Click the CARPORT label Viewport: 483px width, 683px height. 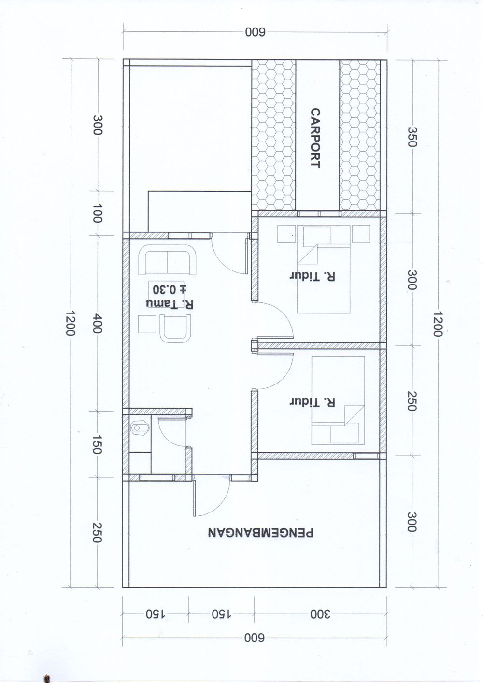coord(315,138)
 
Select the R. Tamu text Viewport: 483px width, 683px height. coord(170,304)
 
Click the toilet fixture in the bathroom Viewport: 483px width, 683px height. coord(140,428)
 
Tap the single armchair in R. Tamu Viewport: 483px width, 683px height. coord(175,329)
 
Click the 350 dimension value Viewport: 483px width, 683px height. coord(412,137)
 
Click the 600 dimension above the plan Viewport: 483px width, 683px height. coord(255,32)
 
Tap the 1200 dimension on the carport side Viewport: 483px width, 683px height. coord(437,324)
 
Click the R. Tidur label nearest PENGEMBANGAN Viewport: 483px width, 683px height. coord(312,402)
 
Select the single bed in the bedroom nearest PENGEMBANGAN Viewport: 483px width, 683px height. coord(338,400)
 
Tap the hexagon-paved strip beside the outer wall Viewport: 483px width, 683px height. coord(360,135)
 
